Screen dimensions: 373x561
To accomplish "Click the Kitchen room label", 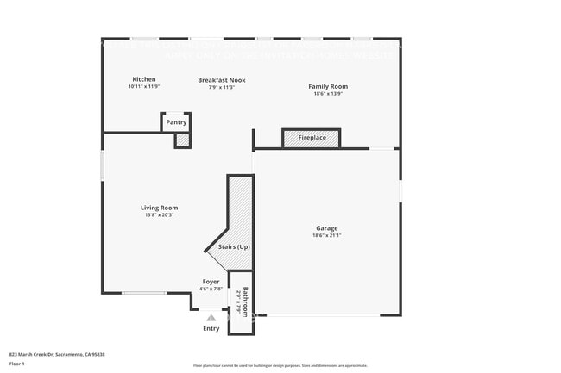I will tap(144, 79).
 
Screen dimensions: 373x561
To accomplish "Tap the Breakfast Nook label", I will tap(222, 80).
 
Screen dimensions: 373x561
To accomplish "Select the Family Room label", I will tap(328, 86).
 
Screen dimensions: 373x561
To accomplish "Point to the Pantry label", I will tap(176, 122).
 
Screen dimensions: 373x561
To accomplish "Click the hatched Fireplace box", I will tap(312, 138).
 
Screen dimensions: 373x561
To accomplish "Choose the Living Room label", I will tap(160, 208).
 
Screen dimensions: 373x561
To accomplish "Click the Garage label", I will tap(326, 228).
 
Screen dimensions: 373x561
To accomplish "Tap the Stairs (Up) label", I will tap(234, 247).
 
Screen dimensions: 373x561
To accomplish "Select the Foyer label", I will tap(211, 282).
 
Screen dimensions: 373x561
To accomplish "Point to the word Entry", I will tap(211, 328).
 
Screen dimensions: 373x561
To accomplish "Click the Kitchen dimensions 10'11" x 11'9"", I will tap(144, 87).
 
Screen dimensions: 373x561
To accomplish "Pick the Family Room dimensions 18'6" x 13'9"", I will tap(328, 93).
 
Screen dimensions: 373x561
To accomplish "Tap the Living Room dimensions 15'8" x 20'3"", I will tap(160, 214).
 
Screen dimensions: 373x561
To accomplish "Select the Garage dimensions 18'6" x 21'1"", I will tap(326, 235).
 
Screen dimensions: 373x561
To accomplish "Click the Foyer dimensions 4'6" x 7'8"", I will tap(211, 289).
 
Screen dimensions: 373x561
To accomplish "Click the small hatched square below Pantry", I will tap(182, 140).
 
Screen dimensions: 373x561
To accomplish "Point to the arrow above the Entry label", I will tap(211, 318).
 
